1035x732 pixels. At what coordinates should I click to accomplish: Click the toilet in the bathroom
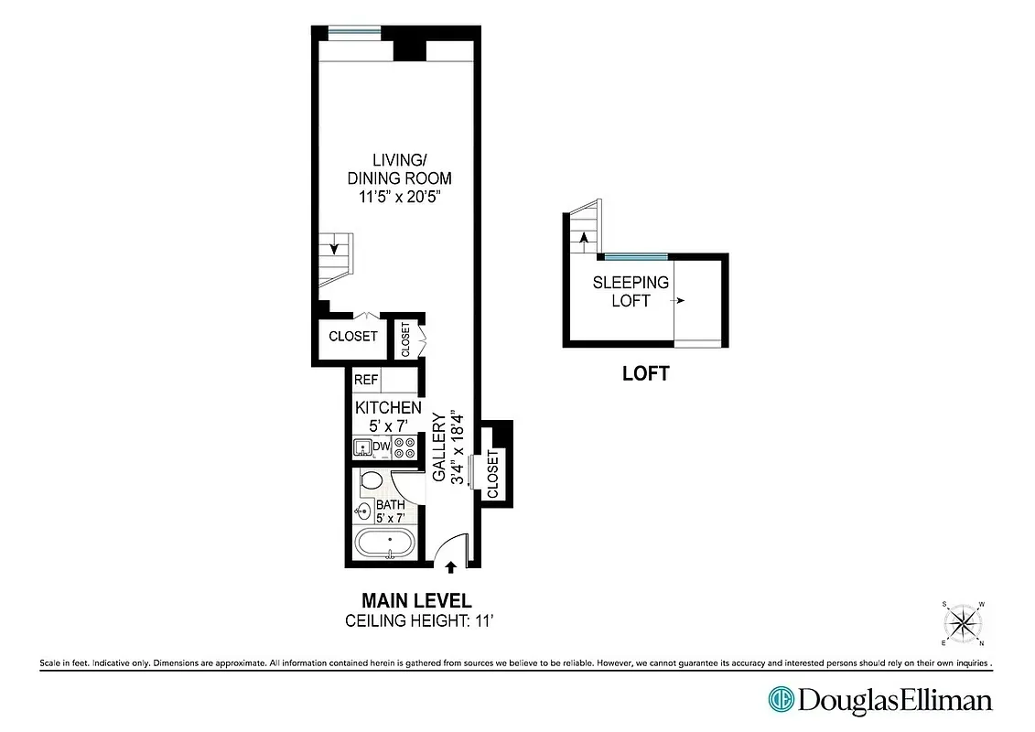coord(372,480)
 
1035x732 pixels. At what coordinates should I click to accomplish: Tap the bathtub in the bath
coord(384,544)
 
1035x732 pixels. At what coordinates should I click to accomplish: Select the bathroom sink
coord(363,512)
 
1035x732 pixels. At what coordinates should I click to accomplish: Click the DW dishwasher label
coord(382,447)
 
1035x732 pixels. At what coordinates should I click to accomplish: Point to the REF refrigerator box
coord(366,380)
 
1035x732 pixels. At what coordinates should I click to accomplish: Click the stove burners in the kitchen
coord(404,447)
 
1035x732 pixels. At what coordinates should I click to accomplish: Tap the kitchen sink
coord(362,447)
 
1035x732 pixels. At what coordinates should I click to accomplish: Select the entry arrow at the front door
coord(450,569)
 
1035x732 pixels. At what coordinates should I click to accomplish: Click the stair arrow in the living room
coord(335,247)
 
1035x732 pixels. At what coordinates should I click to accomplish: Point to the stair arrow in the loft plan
coord(583,238)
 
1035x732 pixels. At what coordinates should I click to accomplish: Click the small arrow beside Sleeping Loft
coord(682,300)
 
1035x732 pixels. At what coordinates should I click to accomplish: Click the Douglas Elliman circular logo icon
coord(781,700)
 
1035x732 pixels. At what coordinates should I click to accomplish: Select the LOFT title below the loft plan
coord(645,373)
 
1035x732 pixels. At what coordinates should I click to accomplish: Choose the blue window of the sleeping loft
coord(636,256)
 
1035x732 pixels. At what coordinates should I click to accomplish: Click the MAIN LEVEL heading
coord(416,601)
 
